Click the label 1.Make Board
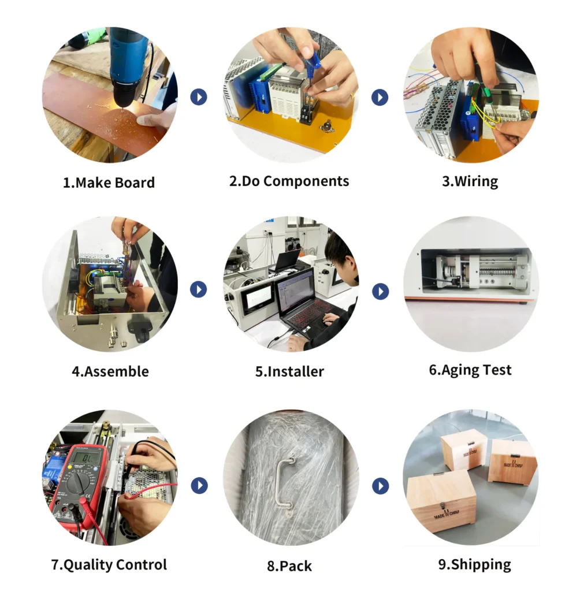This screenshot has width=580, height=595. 109,183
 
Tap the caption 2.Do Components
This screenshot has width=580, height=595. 289,181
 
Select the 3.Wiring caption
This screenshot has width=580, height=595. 470,181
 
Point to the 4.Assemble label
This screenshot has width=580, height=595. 110,371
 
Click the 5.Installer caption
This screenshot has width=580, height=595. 289,371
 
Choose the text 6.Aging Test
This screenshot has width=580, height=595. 470,370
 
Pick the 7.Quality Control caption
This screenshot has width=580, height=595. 109,564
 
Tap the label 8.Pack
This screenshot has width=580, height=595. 289,566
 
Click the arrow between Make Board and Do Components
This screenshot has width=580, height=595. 199,96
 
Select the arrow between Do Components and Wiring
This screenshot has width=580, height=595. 380,97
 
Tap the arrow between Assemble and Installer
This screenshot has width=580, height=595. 199,289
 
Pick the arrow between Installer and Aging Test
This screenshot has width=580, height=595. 380,291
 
